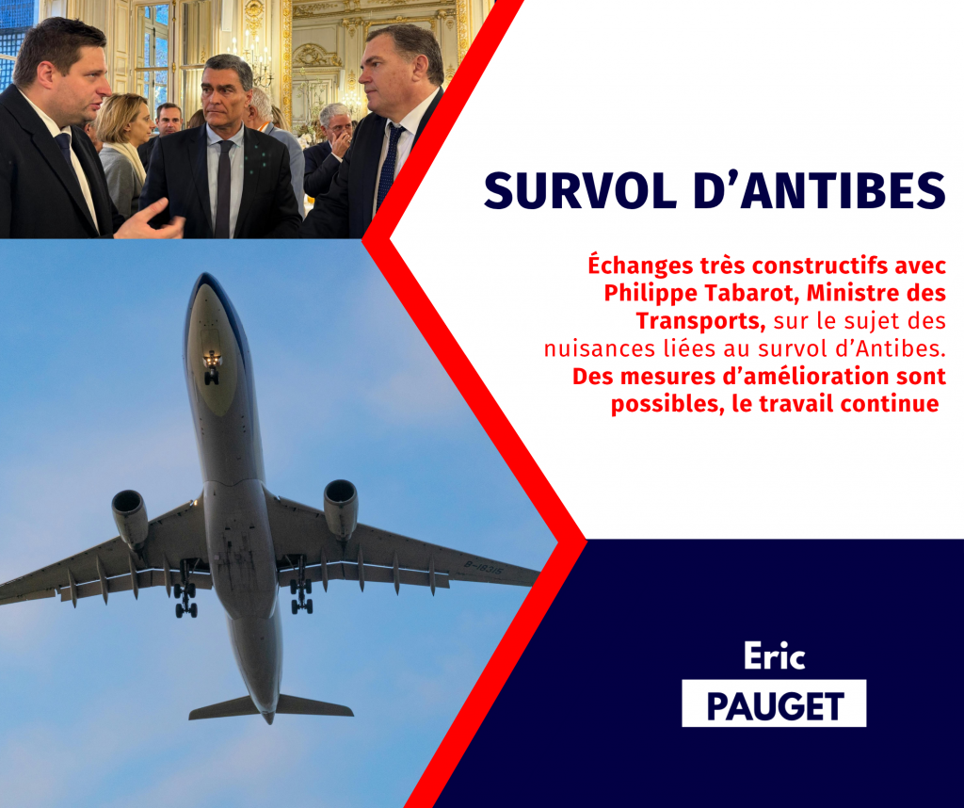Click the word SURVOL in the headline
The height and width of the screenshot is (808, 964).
pyautogui.click(x=580, y=190)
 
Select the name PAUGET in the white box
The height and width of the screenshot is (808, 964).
pyautogui.click(x=775, y=706)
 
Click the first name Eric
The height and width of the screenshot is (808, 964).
pyautogui.click(x=774, y=656)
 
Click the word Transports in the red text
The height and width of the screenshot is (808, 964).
pyautogui.click(x=700, y=321)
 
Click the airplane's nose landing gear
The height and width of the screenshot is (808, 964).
pyautogui.click(x=212, y=367)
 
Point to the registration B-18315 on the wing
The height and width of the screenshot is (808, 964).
pyautogui.click(x=483, y=568)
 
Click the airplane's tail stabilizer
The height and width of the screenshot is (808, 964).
pyautogui.click(x=270, y=707)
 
